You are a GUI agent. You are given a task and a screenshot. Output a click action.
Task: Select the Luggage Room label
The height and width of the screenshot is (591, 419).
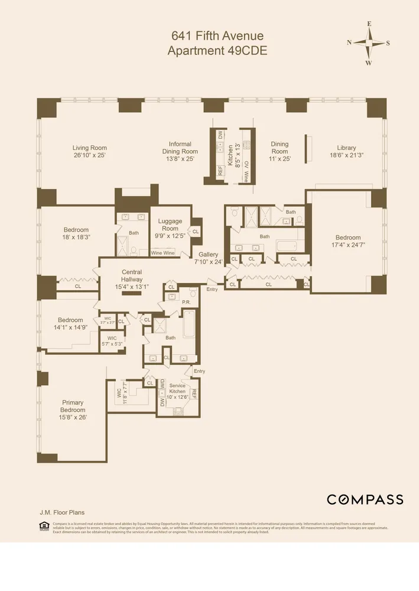[x=170, y=225]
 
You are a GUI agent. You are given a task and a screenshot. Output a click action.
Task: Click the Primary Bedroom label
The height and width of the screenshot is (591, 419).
[x=73, y=407]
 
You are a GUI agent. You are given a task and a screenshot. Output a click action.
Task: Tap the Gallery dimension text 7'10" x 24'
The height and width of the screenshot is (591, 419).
[x=207, y=262]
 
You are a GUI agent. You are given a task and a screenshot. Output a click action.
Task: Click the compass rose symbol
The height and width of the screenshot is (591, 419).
[x=369, y=43]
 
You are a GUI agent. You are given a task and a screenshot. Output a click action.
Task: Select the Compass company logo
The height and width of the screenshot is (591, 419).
[x=365, y=499]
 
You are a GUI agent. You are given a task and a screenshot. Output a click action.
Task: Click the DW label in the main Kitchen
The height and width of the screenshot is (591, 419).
[x=220, y=135]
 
